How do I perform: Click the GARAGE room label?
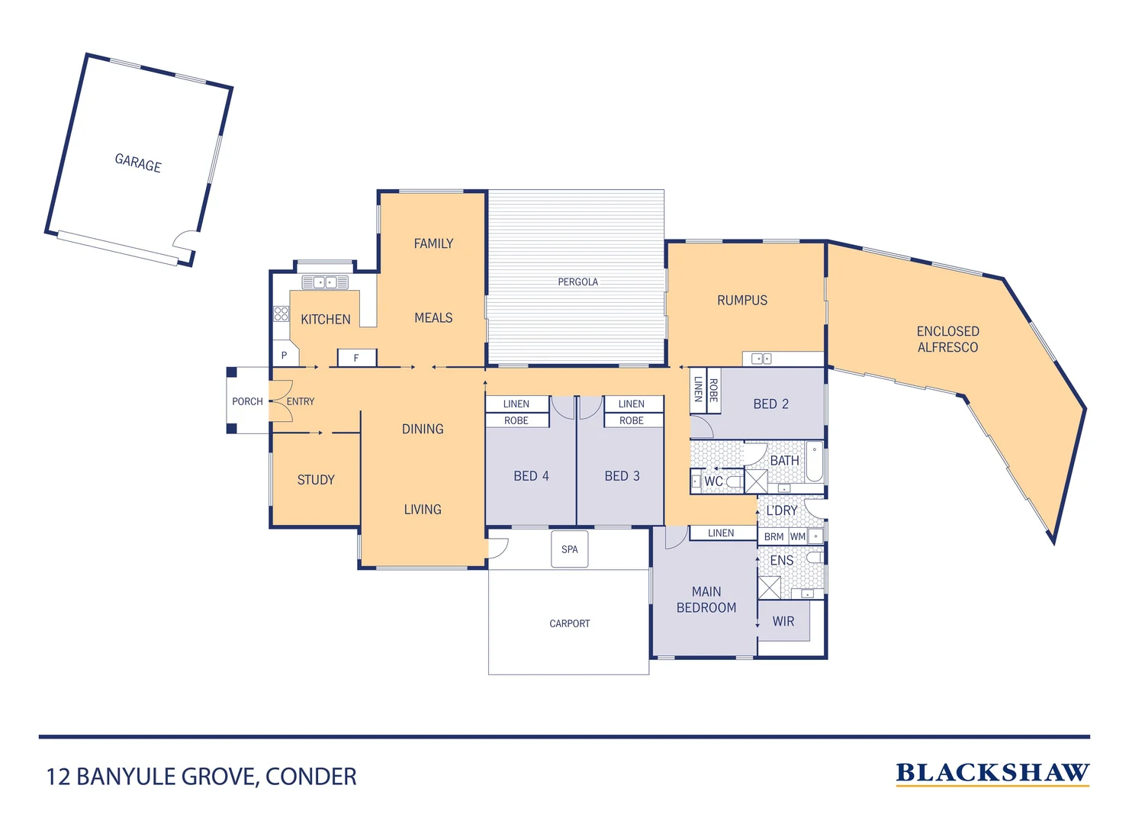[138, 163]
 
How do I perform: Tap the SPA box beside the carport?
[570, 549]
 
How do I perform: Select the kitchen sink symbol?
[325, 283]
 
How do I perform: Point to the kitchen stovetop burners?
[281, 314]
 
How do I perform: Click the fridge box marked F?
[356, 358]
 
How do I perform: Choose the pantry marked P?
[285, 356]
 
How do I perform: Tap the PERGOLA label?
[577, 282]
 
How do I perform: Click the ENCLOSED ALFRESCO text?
[947, 340]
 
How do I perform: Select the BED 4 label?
[531, 476]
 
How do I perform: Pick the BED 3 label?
[622, 476]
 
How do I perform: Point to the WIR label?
[783, 622]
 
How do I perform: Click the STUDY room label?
[316, 480]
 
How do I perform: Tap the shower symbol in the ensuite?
[769, 587]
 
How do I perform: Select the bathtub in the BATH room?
[815, 461]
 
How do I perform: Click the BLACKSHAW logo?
[992, 774]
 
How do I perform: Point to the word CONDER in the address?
[311, 777]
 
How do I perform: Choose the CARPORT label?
[569, 624]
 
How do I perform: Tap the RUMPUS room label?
[742, 301]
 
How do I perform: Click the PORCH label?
[247, 401]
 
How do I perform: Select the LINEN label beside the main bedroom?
[721, 533]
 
